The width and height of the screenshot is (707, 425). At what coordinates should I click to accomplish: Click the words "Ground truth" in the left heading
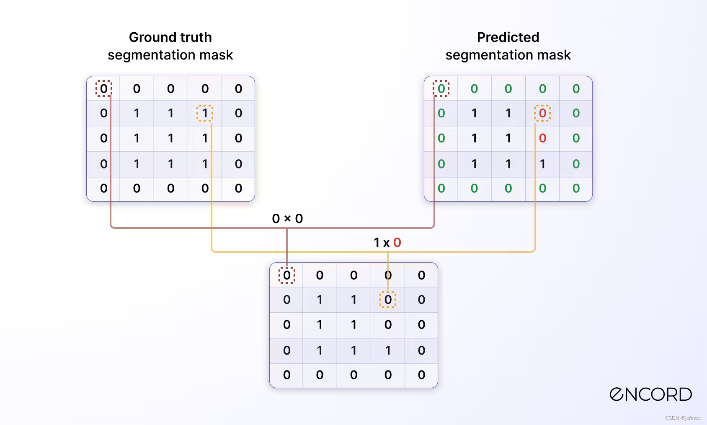[x=170, y=37]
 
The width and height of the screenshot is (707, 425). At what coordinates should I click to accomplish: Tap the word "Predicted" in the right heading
[x=508, y=37]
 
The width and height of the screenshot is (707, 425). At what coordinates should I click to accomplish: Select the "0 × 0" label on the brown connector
[x=287, y=218]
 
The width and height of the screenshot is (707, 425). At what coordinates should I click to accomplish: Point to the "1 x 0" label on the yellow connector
[x=387, y=242]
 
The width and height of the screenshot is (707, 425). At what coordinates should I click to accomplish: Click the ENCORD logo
[x=650, y=394]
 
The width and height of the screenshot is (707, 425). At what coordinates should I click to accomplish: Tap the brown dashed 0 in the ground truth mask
[x=103, y=88]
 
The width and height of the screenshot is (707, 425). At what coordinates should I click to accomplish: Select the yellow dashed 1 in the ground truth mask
[x=205, y=113]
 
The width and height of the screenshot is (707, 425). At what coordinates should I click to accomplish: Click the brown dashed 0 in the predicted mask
[x=441, y=88]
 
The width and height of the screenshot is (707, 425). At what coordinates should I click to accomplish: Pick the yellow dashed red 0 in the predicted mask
[x=542, y=113]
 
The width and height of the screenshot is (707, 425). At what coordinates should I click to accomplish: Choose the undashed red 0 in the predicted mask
[x=542, y=138]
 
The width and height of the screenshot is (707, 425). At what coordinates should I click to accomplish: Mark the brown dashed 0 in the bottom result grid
[x=287, y=275]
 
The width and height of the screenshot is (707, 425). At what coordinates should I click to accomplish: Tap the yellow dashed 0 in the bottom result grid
[x=388, y=300]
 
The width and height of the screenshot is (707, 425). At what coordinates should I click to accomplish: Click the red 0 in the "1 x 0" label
[x=397, y=242]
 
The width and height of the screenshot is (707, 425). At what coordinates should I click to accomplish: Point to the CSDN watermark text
[x=682, y=418]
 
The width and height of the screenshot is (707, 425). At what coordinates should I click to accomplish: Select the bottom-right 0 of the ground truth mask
[x=238, y=189]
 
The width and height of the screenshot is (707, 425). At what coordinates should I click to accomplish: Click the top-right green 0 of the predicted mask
[x=576, y=88]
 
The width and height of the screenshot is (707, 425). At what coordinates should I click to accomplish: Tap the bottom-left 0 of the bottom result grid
[x=287, y=375]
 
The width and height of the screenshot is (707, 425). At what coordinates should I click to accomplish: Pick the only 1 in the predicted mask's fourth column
[x=542, y=164]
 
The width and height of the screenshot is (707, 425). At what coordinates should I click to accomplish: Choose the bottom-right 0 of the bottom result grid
[x=421, y=375]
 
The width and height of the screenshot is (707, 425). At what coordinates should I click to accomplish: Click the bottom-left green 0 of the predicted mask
[x=441, y=189]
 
